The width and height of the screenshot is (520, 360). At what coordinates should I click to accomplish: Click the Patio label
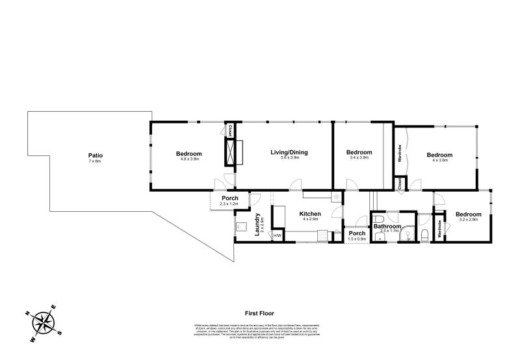pyautogui.click(x=96, y=155)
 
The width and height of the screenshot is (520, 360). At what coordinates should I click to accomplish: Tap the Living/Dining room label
pyautogui.click(x=289, y=153)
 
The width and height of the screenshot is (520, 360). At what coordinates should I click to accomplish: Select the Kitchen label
pyautogui.click(x=309, y=214)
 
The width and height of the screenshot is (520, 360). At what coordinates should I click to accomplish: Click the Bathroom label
pyautogui.click(x=387, y=227)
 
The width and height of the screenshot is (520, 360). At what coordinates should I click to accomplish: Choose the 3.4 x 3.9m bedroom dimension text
pyautogui.click(x=359, y=158)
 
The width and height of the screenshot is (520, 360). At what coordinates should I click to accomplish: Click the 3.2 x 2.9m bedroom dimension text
pyautogui.click(x=468, y=220)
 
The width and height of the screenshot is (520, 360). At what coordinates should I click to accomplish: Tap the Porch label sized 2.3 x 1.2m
pyautogui.click(x=229, y=204)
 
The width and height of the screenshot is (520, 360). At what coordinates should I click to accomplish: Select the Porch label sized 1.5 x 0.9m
pyautogui.click(x=357, y=238)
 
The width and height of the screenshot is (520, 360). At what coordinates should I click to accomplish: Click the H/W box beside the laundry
pyautogui.click(x=277, y=235)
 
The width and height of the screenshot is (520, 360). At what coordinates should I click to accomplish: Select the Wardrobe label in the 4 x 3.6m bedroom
pyautogui.click(x=398, y=154)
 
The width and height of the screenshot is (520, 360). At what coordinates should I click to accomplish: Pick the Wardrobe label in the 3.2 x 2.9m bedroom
pyautogui.click(x=441, y=227)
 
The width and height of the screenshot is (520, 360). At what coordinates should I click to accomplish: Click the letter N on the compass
pyautogui.click(x=28, y=313)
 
